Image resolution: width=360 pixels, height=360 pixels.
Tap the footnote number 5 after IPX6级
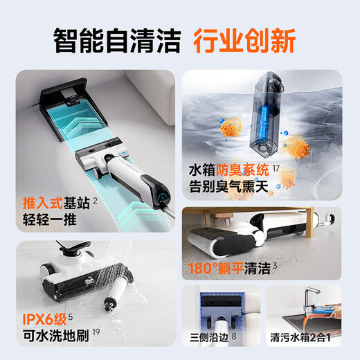(71, 317)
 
